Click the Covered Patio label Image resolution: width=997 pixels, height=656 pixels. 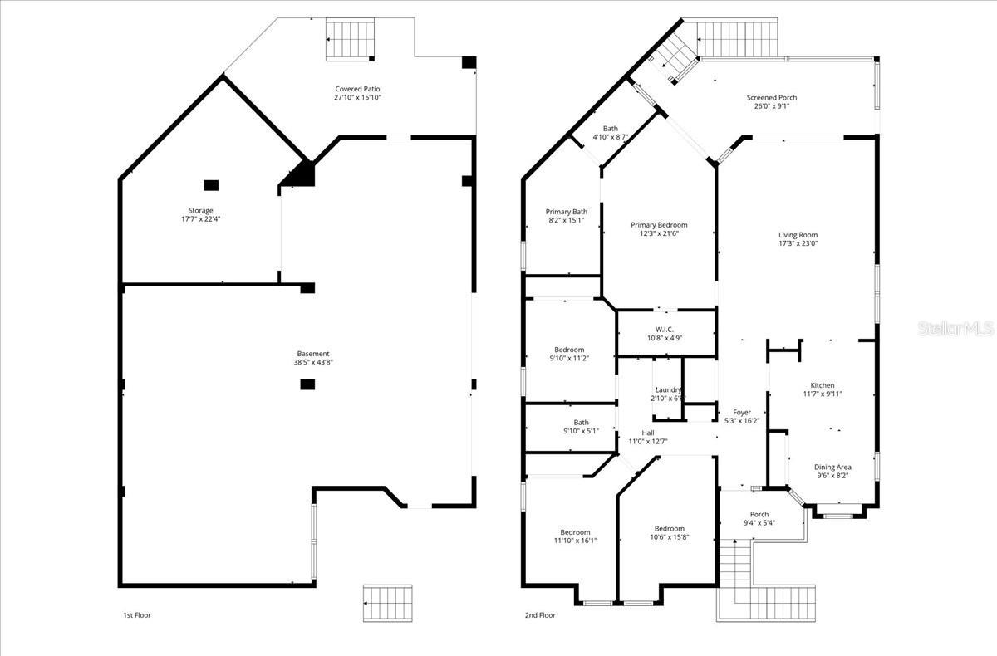point(357,89)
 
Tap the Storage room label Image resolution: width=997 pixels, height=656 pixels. point(200,211)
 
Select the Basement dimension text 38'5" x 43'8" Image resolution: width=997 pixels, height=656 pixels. point(313,362)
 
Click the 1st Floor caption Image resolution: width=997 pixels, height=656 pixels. point(136,615)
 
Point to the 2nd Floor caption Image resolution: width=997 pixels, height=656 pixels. point(539,615)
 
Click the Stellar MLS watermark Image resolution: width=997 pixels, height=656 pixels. point(955,330)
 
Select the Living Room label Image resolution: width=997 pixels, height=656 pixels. point(798,235)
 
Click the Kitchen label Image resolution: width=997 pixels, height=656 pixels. point(823,385)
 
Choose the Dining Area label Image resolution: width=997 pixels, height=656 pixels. point(832,467)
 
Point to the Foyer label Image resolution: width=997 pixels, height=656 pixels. point(742,412)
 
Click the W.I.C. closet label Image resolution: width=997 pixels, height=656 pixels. point(665,330)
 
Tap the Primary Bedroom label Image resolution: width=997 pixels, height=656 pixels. point(659,225)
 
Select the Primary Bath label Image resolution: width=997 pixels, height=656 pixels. point(567,212)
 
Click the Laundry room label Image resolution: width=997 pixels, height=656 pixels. point(667,390)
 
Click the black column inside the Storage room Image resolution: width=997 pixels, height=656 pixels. point(211,185)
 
